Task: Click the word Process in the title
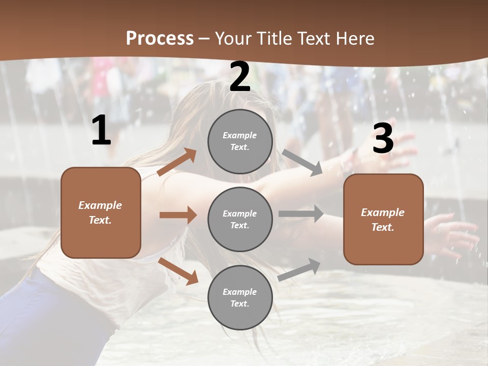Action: [160, 39]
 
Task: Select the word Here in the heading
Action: [354, 39]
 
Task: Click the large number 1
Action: [101, 131]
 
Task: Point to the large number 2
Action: [240, 77]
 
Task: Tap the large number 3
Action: [383, 139]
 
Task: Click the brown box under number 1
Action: [101, 212]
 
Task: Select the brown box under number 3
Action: [383, 219]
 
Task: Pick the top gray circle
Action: [240, 141]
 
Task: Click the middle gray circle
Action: [240, 219]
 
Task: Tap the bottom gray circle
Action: [240, 297]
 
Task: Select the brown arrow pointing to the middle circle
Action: [178, 215]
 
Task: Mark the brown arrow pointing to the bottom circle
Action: [178, 270]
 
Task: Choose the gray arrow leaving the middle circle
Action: [301, 214]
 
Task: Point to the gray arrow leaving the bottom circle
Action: [299, 270]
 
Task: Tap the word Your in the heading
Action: [233, 39]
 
